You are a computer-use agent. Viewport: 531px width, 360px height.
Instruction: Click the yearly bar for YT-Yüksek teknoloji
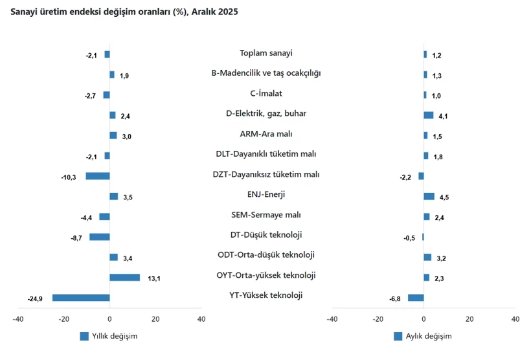(81, 298)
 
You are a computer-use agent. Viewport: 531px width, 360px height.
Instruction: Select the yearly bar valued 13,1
(124, 278)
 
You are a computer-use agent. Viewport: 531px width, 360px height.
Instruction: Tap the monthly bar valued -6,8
(416, 298)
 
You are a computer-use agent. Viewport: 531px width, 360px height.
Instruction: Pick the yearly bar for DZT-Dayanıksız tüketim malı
(98, 176)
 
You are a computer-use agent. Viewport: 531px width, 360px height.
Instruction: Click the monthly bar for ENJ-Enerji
(429, 196)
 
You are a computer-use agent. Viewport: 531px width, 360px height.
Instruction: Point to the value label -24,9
(35, 298)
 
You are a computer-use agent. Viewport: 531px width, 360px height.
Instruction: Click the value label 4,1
(444, 116)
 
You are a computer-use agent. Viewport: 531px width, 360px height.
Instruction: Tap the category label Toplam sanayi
(266, 53)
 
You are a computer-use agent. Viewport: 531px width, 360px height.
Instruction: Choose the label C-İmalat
(266, 93)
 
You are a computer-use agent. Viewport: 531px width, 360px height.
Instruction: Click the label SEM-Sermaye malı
(266, 215)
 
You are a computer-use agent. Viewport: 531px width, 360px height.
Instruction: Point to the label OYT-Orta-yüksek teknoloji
(266, 275)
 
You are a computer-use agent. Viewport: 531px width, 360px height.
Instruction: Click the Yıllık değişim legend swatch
(84, 336)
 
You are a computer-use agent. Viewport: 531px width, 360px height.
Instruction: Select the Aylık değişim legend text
(429, 336)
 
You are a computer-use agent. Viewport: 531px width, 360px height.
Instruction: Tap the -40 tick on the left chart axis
(18, 319)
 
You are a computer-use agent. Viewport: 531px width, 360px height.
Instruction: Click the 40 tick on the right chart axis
(515, 319)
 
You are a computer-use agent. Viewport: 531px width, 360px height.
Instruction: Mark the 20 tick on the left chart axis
(155, 319)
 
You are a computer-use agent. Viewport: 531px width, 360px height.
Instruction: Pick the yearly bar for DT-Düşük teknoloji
(100, 237)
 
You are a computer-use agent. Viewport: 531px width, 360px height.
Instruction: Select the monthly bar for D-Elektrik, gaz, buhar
(429, 115)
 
